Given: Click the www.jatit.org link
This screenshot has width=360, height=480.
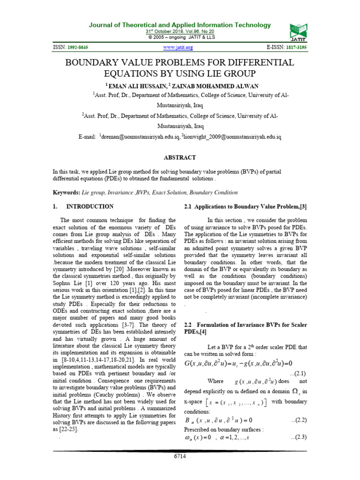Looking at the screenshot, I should (x=178, y=48).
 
